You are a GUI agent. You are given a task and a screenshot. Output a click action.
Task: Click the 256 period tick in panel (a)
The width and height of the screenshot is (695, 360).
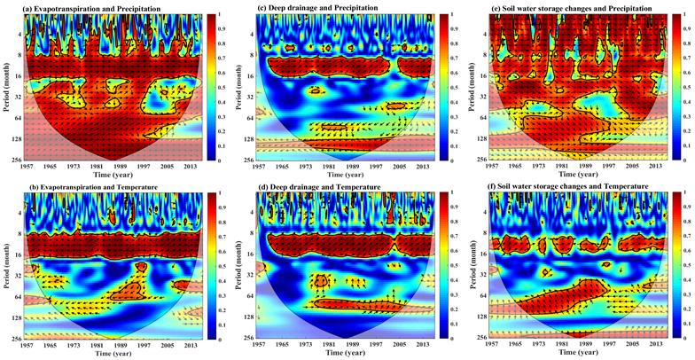tap(16, 160)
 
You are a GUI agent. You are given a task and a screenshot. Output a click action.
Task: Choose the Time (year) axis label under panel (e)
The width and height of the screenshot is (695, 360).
tap(575, 175)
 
